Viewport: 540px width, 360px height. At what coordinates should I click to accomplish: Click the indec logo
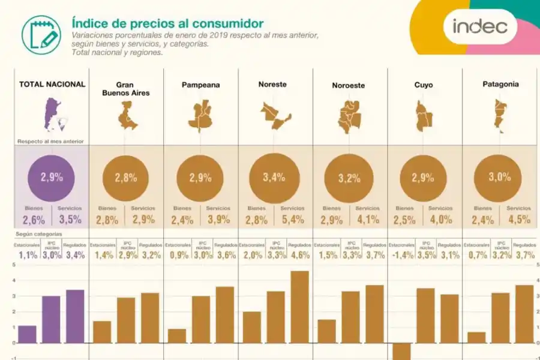[479, 26]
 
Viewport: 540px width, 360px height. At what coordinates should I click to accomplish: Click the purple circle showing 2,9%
[52, 178]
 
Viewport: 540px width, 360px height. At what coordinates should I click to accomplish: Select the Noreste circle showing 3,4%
[275, 178]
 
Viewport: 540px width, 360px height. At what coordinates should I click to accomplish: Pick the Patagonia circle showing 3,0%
[499, 178]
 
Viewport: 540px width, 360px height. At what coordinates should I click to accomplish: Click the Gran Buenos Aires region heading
[125, 89]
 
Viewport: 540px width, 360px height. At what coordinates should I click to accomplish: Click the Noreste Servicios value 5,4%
[292, 220]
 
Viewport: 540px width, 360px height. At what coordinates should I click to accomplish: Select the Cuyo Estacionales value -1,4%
[401, 255]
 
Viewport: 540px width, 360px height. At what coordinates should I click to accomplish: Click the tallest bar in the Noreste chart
[299, 307]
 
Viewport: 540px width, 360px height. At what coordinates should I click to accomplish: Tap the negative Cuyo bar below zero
[401, 351]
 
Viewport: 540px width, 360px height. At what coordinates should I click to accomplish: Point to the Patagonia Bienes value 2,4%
[483, 220]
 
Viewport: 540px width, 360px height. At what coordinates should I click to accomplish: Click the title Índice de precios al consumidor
[167, 23]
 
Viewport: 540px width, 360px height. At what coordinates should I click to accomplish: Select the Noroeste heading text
[348, 85]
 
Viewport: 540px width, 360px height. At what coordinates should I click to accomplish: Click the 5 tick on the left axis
[14, 265]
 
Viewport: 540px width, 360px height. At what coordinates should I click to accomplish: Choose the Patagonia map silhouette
[499, 116]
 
